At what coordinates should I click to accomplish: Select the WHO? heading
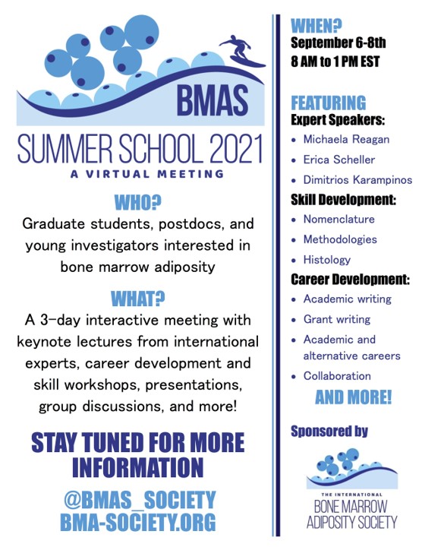[x=138, y=203]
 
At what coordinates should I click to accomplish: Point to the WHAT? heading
[x=138, y=299]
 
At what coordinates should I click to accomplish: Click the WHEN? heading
[x=316, y=26]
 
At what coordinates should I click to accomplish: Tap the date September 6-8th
[x=338, y=43]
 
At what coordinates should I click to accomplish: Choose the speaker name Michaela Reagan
[x=346, y=140]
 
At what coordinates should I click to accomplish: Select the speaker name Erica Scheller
[x=339, y=160]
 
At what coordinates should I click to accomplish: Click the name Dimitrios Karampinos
[x=357, y=180]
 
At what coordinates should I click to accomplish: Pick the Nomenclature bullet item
[x=339, y=220]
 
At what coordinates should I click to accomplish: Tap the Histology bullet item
[x=327, y=260]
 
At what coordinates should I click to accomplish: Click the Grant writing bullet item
[x=337, y=320]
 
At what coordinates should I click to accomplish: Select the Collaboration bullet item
[x=337, y=376]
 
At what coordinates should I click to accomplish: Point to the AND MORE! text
[x=354, y=397]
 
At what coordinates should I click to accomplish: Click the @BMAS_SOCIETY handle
[x=140, y=500]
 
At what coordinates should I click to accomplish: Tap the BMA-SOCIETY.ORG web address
[x=138, y=522]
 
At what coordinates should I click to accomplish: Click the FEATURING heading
[x=329, y=103]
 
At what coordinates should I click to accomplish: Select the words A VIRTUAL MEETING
[x=146, y=174]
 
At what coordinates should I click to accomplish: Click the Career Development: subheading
[x=350, y=280]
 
